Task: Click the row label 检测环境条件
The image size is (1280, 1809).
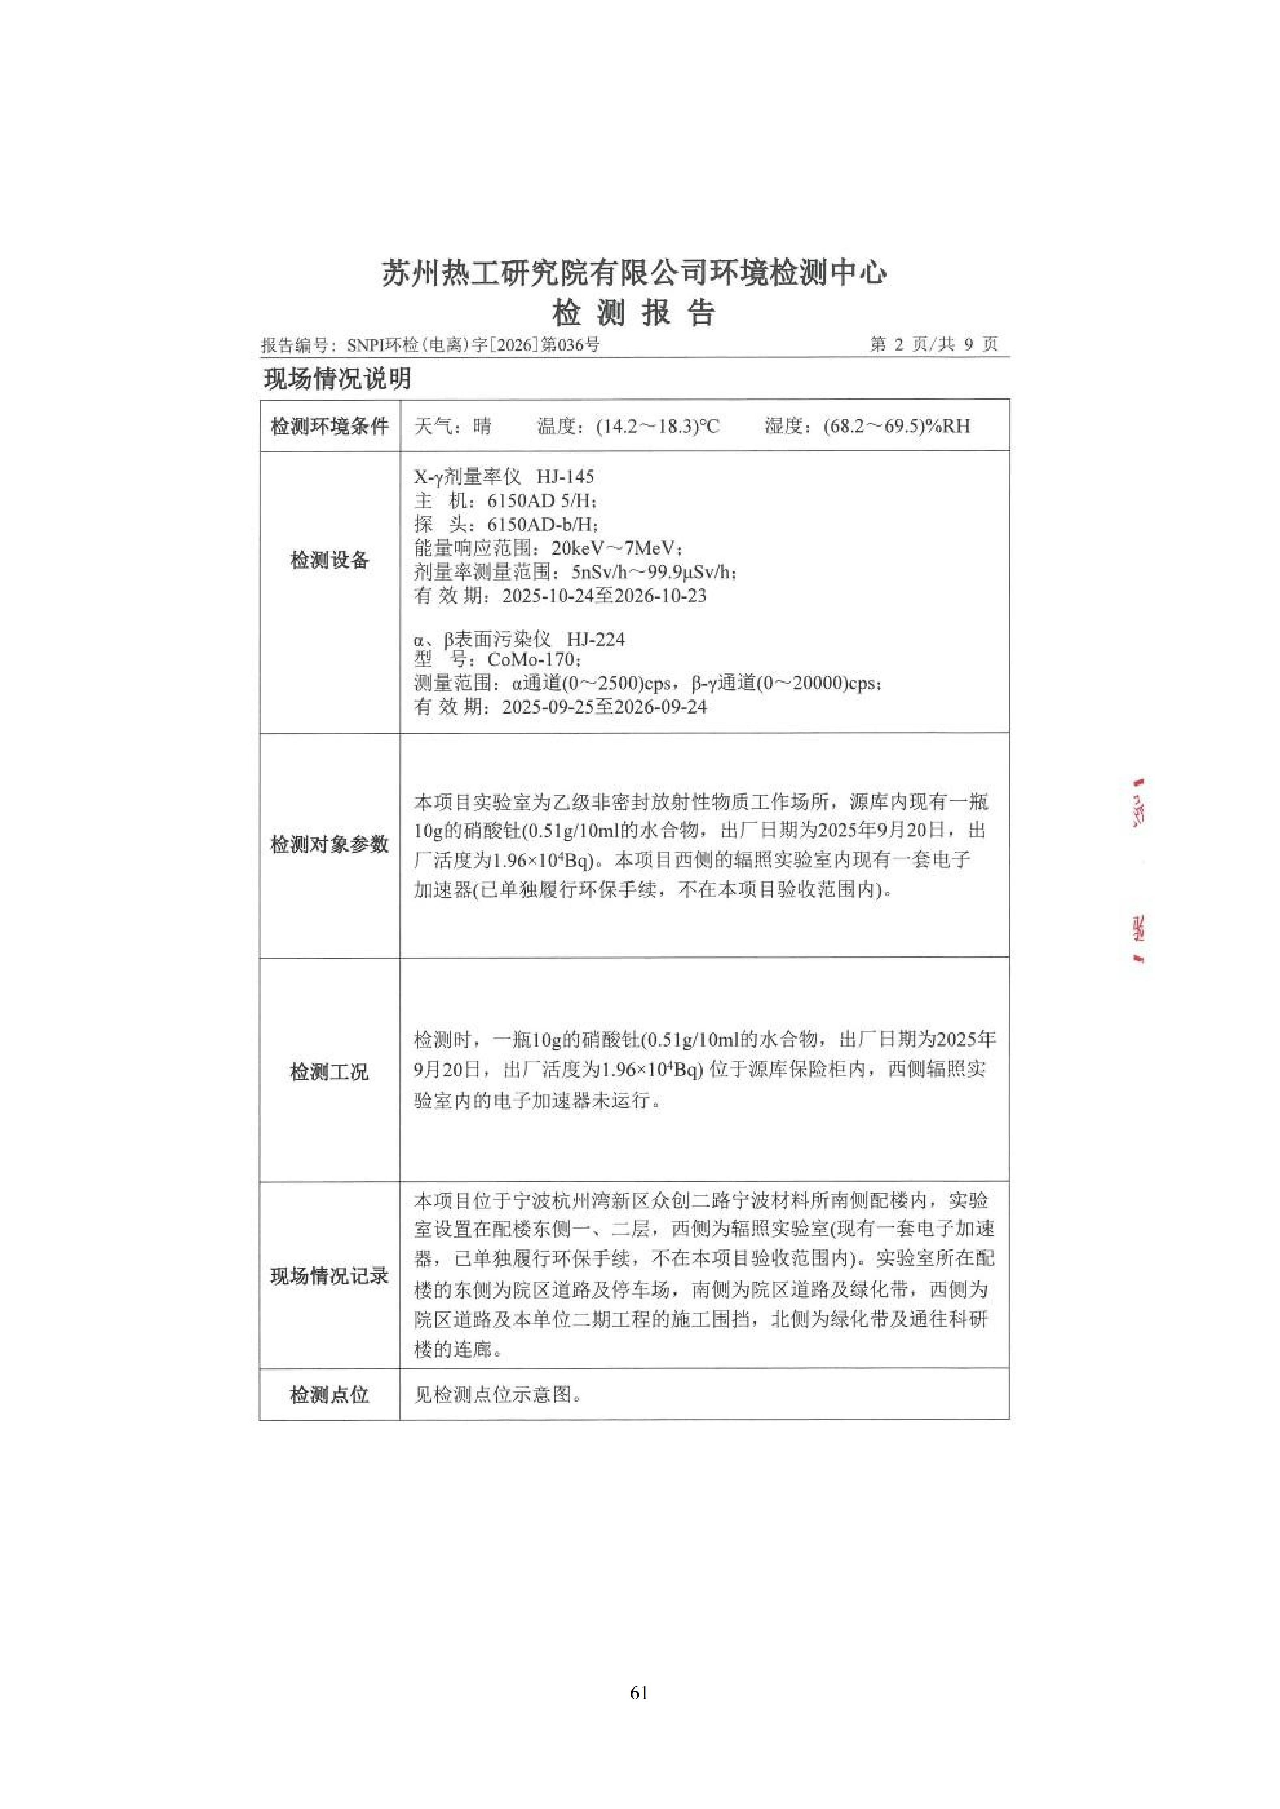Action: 329,426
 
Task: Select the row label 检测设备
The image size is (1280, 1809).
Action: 329,560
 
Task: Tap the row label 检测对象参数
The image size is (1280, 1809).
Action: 329,844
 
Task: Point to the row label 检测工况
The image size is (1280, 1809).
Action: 329,1072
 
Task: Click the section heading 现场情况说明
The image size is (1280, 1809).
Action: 337,379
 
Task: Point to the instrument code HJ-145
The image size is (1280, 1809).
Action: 565,477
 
